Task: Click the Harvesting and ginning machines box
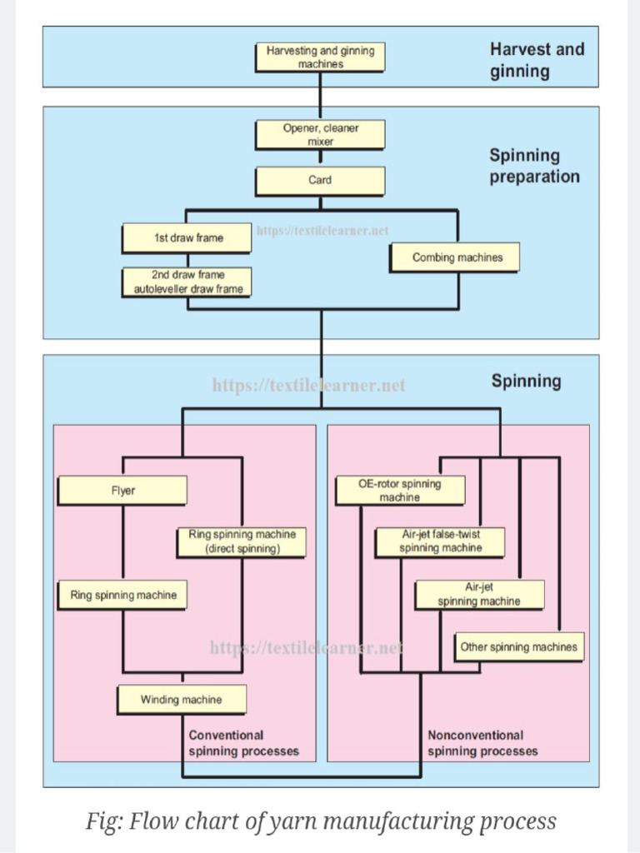click(x=320, y=57)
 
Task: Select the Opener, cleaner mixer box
click(x=320, y=135)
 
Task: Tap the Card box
click(x=320, y=180)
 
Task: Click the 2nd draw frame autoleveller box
click(x=188, y=282)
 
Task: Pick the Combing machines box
click(x=457, y=257)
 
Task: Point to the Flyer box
click(x=122, y=491)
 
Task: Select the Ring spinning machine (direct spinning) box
click(x=242, y=541)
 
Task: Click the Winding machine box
click(x=182, y=700)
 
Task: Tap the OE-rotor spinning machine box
click(x=399, y=491)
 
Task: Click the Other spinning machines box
click(x=518, y=647)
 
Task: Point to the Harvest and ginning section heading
click(x=537, y=60)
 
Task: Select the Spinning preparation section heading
click(x=534, y=166)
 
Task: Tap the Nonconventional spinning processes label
click(x=482, y=743)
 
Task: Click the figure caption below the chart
click(x=321, y=821)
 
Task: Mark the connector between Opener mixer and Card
click(x=320, y=157)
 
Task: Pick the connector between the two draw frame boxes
click(x=187, y=260)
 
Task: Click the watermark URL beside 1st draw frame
click(x=322, y=231)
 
